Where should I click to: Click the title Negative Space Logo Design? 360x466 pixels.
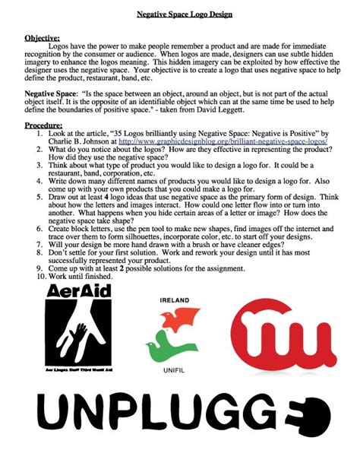[x=180, y=15]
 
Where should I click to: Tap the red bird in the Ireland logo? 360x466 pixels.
[x=179, y=320]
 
